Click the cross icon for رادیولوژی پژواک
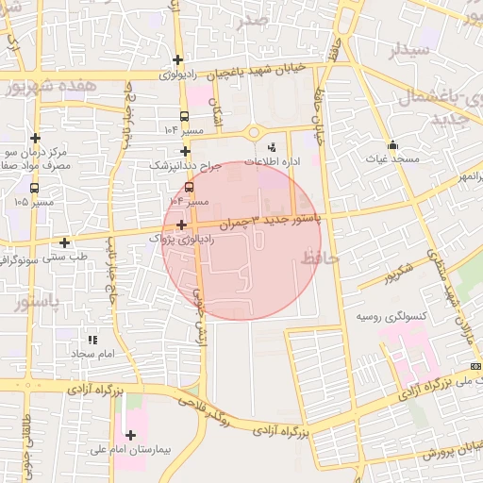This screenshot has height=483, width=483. (x=180, y=225)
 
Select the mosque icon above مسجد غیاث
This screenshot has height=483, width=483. (x=392, y=145)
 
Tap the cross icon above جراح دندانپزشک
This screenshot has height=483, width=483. (x=185, y=151)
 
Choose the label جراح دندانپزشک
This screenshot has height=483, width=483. (x=185, y=165)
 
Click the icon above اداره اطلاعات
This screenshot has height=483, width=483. (x=272, y=147)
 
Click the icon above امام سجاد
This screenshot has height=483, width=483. (x=92, y=340)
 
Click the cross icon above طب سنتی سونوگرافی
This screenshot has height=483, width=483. (x=64, y=242)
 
